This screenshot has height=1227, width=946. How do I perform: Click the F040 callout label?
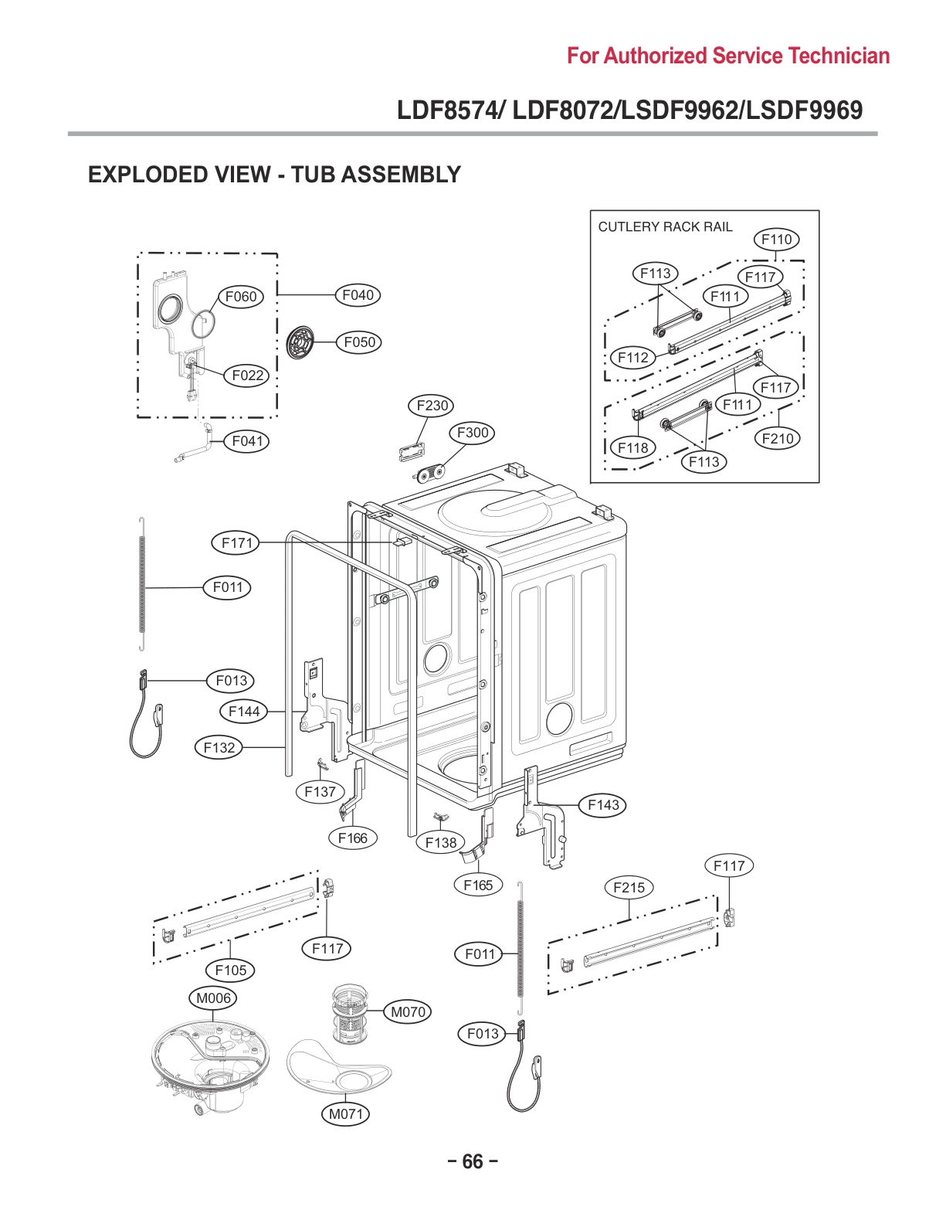tap(358, 294)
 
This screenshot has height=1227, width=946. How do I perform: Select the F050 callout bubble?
tap(359, 342)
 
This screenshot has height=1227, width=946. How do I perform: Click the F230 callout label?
tap(432, 405)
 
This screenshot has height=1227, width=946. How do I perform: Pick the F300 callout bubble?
tap(473, 433)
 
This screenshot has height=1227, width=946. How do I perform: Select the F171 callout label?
tap(236, 542)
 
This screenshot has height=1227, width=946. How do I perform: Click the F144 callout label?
tap(244, 711)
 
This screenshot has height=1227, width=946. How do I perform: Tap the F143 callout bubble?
tap(603, 804)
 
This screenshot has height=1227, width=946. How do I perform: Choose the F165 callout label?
tap(478, 885)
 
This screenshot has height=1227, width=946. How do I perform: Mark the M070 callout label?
tap(408, 1011)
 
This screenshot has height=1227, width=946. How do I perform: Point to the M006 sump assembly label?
tap(213, 998)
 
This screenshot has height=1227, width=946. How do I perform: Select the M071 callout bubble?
tap(345, 1113)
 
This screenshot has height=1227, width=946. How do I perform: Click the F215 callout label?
tap(629, 887)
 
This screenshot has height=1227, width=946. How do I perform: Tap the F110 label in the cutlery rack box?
tap(776, 239)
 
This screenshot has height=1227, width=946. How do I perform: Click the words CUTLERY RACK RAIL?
tap(665, 226)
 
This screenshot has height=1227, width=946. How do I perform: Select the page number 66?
tap(472, 1161)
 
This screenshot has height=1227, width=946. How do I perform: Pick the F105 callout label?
tap(231, 970)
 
